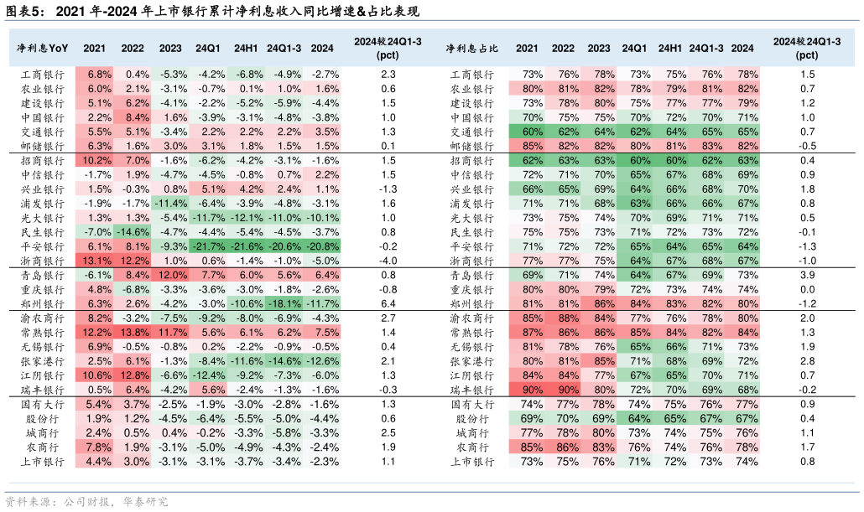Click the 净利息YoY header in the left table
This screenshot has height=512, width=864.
(x=43, y=49)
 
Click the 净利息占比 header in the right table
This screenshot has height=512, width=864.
(x=472, y=49)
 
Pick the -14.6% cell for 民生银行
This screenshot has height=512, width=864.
(x=133, y=232)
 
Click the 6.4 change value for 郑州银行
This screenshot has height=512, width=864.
(x=388, y=303)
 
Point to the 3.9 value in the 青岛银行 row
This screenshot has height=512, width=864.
(x=808, y=275)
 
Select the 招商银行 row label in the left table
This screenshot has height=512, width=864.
(x=43, y=161)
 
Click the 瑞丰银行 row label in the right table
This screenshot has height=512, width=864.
(x=472, y=390)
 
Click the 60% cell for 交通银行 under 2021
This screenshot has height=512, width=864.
(x=528, y=132)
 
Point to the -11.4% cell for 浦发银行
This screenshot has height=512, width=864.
(x=170, y=204)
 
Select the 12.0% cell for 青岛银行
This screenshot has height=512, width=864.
(x=170, y=275)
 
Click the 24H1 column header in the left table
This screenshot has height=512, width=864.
(x=246, y=49)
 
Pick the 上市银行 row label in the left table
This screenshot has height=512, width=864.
(x=43, y=462)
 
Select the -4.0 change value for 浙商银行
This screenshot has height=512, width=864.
(x=388, y=261)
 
